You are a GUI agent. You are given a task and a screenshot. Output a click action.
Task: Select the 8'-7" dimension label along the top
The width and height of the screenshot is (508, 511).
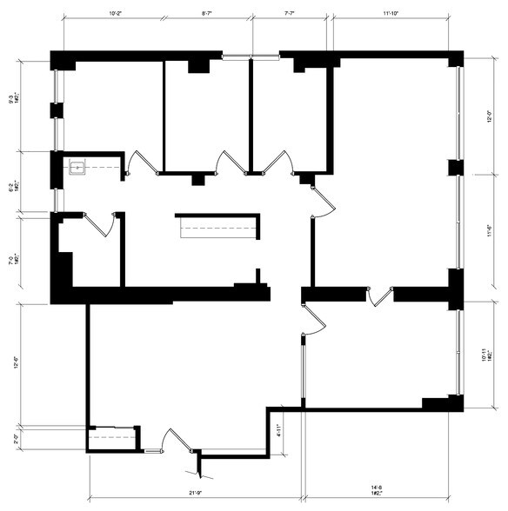209,14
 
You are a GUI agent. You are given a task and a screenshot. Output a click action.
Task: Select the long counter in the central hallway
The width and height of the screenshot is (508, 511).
218,227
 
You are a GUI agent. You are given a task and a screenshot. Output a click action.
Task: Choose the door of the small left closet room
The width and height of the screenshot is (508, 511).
104,223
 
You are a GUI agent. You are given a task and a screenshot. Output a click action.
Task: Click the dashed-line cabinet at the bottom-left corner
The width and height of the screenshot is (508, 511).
112,438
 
